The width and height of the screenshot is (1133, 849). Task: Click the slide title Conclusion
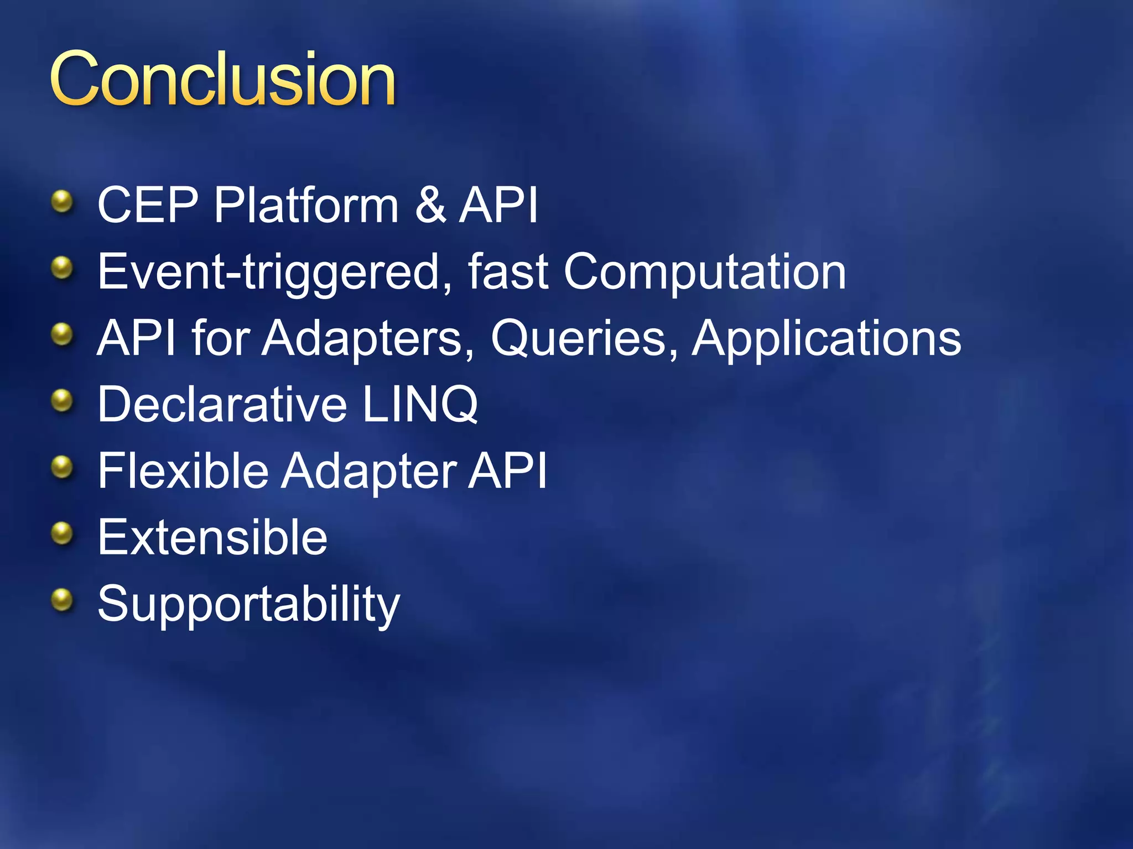click(x=222, y=78)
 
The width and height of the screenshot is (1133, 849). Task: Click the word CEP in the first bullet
click(x=147, y=205)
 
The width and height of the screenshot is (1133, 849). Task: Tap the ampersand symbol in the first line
click(x=430, y=205)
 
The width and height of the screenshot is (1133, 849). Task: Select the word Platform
click(x=306, y=205)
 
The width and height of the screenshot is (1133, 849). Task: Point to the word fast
click(x=508, y=272)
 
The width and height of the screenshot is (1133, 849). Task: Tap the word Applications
click(x=827, y=338)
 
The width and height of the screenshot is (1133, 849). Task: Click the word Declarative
click(x=222, y=405)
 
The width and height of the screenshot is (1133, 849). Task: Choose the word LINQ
click(x=420, y=405)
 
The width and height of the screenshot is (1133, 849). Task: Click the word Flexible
click(x=183, y=471)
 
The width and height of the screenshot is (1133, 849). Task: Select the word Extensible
click(x=212, y=537)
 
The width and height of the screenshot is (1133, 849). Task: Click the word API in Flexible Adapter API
click(x=507, y=471)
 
